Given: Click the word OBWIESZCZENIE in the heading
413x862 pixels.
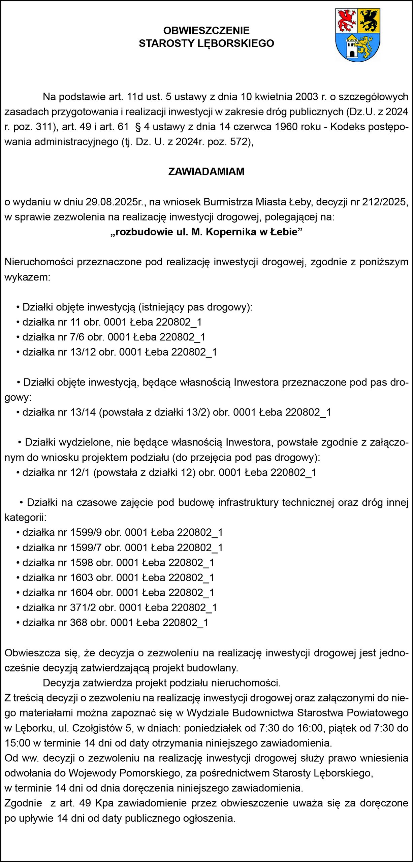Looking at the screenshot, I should tap(206, 31).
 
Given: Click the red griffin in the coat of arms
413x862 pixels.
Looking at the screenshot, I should tap(347, 21).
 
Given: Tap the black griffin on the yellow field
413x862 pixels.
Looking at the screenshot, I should tap(369, 21).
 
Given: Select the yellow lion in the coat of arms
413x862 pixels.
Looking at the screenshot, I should tap(366, 46).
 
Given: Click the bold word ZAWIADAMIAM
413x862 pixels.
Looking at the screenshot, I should tap(206, 171).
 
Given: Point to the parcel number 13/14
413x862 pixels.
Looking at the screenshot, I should tap(83, 412).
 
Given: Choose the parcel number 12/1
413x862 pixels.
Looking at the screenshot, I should tap(80, 473).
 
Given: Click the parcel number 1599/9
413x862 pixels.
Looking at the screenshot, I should tap(86, 533).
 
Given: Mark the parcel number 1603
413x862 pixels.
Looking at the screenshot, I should tap(82, 578).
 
